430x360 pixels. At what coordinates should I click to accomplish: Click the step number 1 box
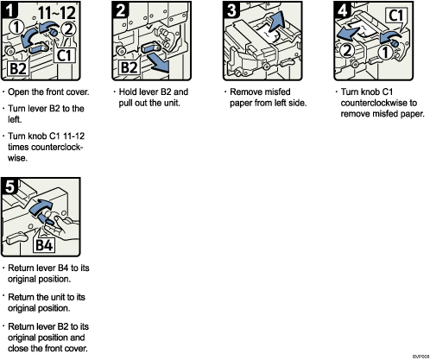pos(11,11)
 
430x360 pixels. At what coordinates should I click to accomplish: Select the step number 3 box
pos(231,11)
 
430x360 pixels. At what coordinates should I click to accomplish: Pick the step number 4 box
pos(340,11)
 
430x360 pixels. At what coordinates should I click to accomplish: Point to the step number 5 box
pos(11,186)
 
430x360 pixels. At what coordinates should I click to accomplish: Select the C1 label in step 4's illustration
pos(399,16)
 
